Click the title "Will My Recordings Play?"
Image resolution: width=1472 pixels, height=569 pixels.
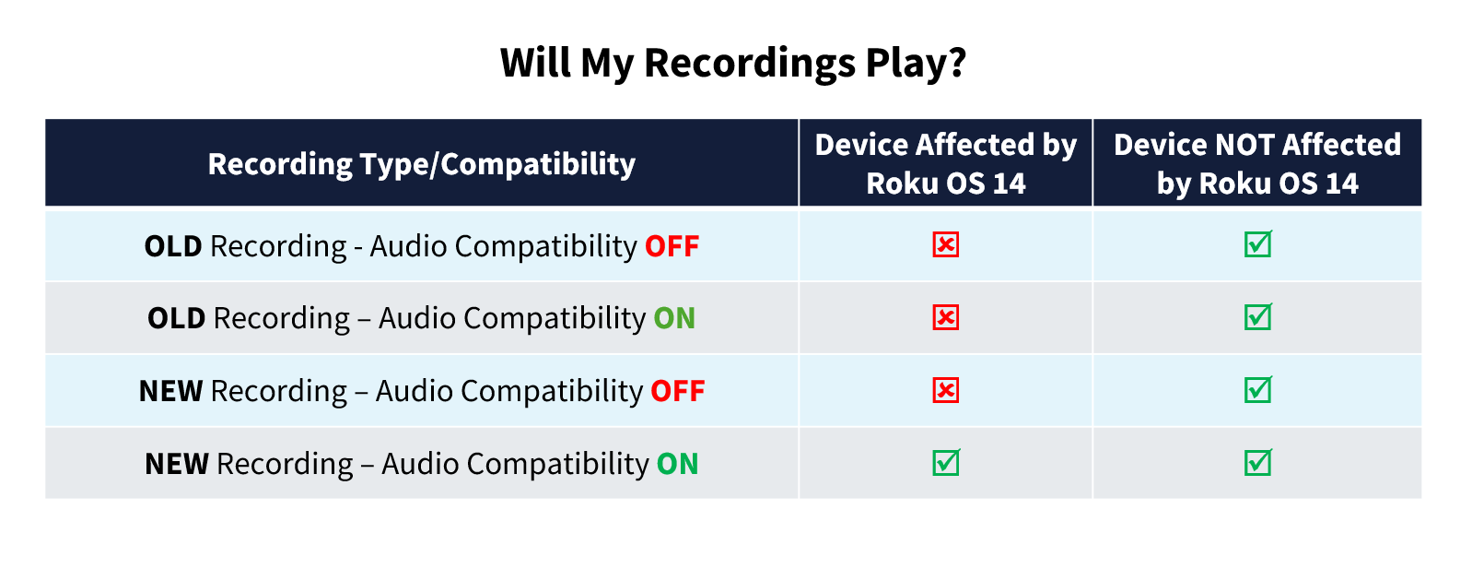pyautogui.click(x=732, y=63)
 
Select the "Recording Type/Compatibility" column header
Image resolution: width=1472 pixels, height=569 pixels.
pyautogui.click(x=421, y=164)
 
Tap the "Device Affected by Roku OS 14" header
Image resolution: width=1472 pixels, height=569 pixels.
pyautogui.click(x=946, y=163)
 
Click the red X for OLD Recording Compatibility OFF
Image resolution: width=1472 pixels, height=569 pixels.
pyautogui.click(x=946, y=244)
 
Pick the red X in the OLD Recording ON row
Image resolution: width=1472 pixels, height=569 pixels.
pyautogui.click(x=946, y=318)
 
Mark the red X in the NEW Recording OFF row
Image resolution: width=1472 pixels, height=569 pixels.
pyautogui.click(x=946, y=391)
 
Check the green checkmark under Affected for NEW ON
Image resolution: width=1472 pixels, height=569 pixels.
pyautogui.click(x=946, y=462)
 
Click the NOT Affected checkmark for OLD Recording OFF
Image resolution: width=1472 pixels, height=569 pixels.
pyautogui.click(x=1258, y=243)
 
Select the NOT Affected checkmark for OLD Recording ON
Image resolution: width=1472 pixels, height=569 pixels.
pyautogui.click(x=1258, y=316)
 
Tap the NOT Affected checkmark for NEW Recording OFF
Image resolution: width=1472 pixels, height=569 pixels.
pyautogui.click(x=1258, y=389)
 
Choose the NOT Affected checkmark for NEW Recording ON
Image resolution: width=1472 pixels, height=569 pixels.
pyautogui.click(x=1258, y=462)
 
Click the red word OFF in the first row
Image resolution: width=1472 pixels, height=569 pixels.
pyautogui.click(x=672, y=246)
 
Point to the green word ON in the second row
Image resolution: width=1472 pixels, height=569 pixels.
pyautogui.click(x=674, y=319)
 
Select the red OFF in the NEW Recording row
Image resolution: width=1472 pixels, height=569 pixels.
pyautogui.click(x=678, y=392)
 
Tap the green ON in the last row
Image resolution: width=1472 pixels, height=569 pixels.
pyautogui.click(x=678, y=465)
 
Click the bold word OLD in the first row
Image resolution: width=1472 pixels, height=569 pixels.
pyautogui.click(x=173, y=246)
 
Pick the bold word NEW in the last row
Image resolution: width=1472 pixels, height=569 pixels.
pyautogui.click(x=177, y=465)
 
